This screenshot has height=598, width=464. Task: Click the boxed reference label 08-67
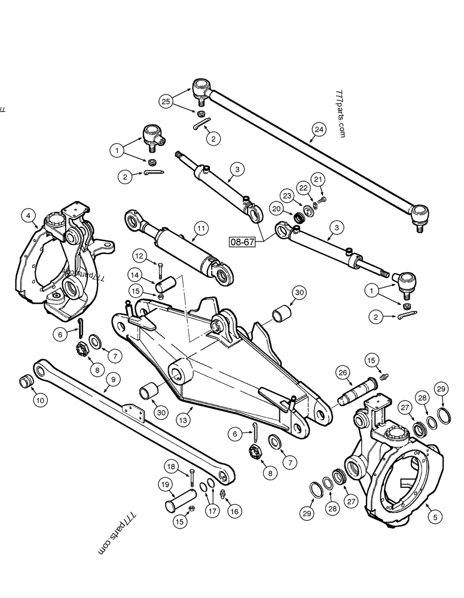242,242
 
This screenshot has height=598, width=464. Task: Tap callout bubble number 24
319,129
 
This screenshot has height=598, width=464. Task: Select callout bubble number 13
183,420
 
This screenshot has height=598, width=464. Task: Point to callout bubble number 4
28,216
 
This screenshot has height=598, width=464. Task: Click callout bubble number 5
435,517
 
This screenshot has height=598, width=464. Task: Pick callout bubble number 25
166,102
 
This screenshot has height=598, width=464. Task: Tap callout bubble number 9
113,379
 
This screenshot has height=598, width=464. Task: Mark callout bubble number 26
343,372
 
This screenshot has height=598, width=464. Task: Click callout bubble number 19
165,485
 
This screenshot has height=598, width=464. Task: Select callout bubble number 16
234,511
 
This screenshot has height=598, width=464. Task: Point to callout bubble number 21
318,179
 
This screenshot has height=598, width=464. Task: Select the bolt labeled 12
160,271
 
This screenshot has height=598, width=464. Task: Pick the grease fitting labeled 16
223,493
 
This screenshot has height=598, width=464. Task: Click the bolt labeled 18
191,477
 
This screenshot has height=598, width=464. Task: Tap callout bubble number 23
287,196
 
